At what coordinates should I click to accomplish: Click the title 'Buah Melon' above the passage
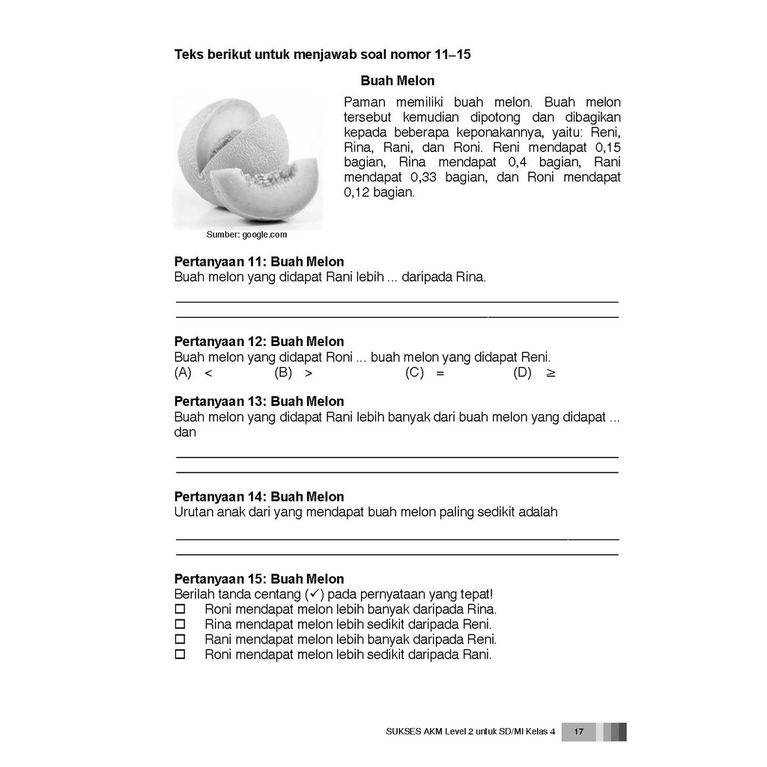397,81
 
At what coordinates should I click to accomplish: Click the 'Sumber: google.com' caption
246,234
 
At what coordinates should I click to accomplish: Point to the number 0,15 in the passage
605,148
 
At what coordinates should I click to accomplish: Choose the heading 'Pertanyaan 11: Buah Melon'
259,262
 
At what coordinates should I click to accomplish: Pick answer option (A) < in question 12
194,373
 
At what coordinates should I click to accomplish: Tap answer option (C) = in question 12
425,373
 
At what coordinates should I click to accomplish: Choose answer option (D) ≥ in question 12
534,373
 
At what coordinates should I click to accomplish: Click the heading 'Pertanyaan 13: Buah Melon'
259,401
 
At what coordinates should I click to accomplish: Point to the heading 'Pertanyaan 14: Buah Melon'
259,497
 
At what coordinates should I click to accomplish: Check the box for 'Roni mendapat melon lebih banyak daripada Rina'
179,610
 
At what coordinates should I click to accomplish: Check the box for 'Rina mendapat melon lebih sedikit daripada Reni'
179,625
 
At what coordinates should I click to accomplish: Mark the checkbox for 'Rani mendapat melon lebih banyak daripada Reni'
179,640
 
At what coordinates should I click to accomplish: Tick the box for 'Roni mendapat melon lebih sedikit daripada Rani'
179,655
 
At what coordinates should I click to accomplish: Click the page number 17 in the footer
578,732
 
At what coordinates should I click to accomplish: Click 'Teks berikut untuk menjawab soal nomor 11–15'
322,55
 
